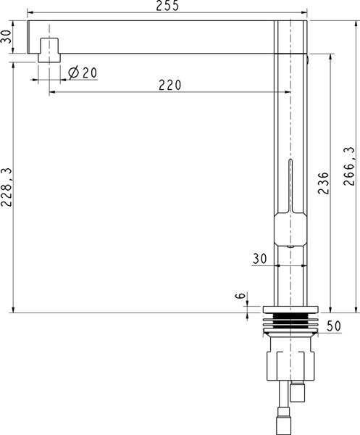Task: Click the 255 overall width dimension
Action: pos(167,6)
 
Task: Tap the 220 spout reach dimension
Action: pos(170,85)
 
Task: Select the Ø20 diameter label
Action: pos(83,72)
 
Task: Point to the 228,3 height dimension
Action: pos(7,187)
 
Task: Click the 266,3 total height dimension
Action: pos(348,166)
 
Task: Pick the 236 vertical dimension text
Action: pos(323,183)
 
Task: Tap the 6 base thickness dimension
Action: pos(240,296)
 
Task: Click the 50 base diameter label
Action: pos(334,326)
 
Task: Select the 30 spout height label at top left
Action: pos(7,36)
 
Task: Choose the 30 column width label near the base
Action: pos(259,259)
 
